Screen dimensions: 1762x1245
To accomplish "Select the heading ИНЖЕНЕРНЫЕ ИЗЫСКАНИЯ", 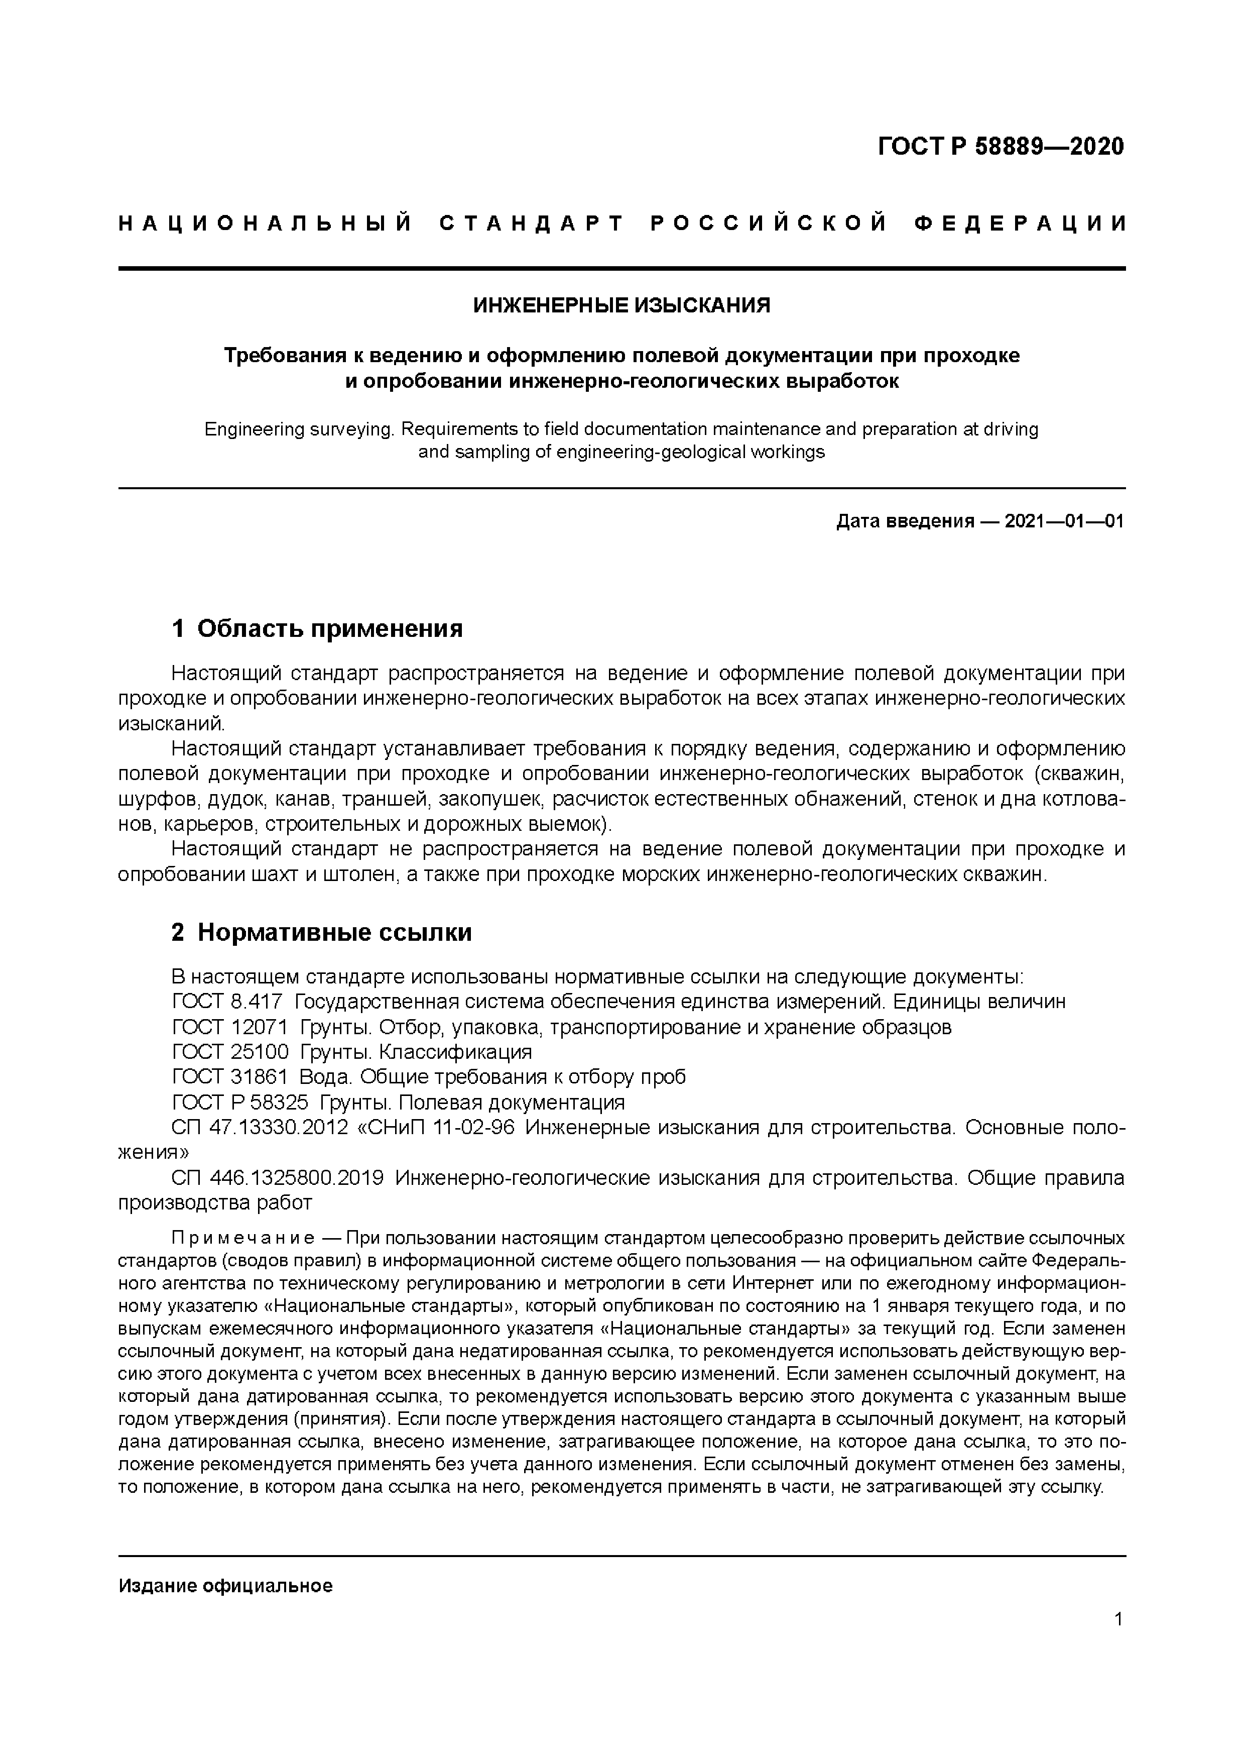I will (621, 305).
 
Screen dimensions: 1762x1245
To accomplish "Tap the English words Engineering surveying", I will (298, 429).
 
